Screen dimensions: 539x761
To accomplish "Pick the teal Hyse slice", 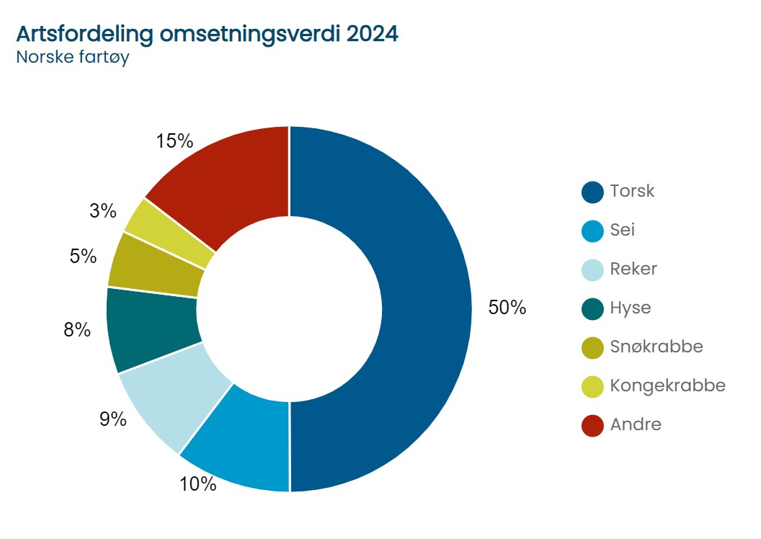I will [152, 328].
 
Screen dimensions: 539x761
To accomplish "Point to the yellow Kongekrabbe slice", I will [170, 231].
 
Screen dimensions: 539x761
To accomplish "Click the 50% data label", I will [507, 308].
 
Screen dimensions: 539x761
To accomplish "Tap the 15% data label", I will [174, 141].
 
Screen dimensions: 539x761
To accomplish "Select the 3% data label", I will [103, 210].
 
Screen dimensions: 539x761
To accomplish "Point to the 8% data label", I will [77, 330].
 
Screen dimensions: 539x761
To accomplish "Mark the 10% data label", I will [198, 484].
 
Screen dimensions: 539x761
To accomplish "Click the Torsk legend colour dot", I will [592, 192].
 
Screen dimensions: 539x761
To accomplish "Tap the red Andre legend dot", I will [592, 425].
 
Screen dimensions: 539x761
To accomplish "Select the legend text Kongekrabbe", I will [667, 386].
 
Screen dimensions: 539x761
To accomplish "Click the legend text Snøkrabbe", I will [656, 347].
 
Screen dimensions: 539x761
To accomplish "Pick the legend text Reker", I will [633, 269].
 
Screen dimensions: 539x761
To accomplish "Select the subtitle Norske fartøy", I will [72, 58].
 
